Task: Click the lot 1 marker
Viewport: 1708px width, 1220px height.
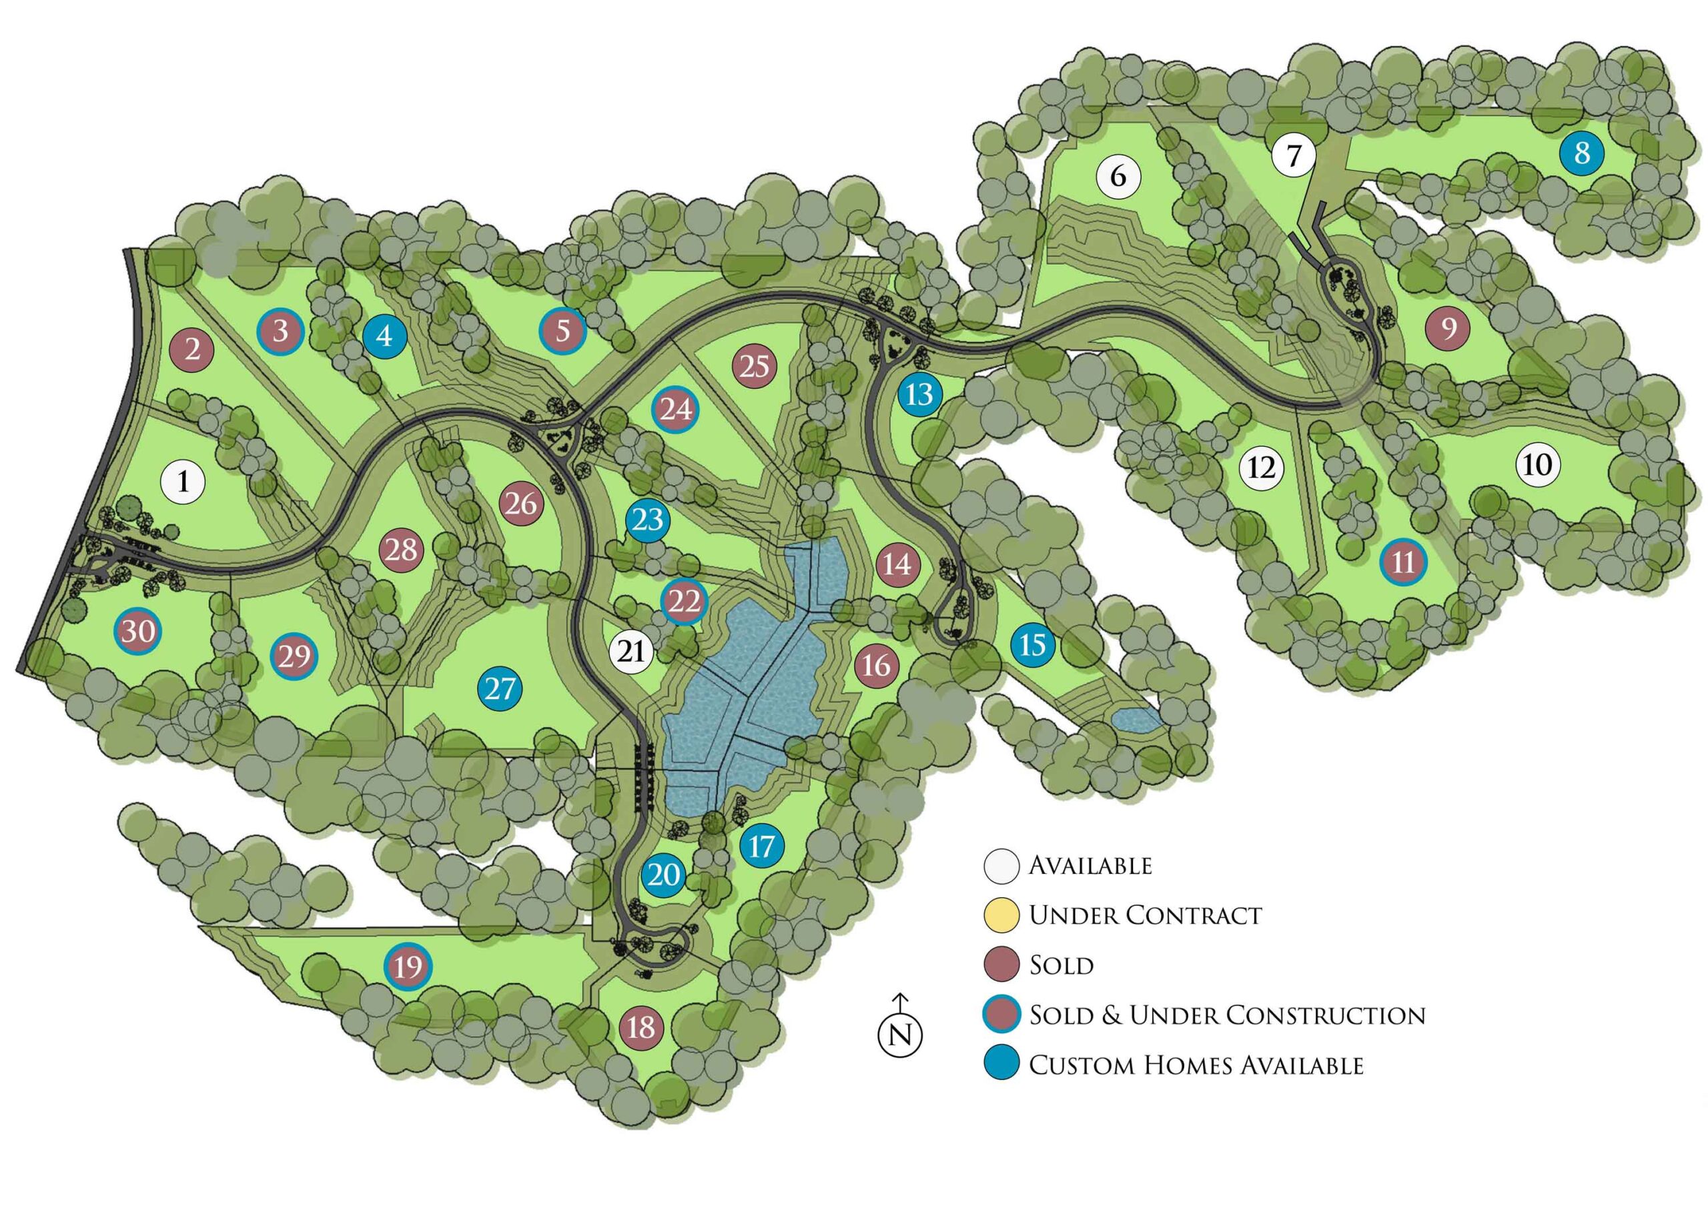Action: click(183, 481)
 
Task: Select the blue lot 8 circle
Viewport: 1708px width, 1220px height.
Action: click(1582, 153)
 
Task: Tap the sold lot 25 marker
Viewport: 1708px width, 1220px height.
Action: click(755, 367)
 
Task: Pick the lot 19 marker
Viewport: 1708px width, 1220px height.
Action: click(408, 966)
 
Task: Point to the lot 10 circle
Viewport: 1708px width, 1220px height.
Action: click(1537, 464)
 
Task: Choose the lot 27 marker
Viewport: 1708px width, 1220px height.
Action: click(500, 688)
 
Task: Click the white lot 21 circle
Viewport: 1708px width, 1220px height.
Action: click(631, 650)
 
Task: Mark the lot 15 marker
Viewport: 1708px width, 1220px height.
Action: click(1032, 644)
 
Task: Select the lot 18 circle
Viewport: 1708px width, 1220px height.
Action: click(641, 1027)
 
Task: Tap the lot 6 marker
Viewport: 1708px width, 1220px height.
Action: click(1118, 177)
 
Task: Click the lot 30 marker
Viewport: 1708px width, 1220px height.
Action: click(138, 631)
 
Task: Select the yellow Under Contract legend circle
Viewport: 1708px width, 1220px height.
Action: click(1001, 915)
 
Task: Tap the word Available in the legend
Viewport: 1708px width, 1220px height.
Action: click(1090, 865)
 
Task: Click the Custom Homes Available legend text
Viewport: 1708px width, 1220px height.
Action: click(1196, 1065)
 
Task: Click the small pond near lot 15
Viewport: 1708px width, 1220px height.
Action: click(1136, 720)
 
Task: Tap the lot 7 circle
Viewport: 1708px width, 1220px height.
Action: click(1293, 155)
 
